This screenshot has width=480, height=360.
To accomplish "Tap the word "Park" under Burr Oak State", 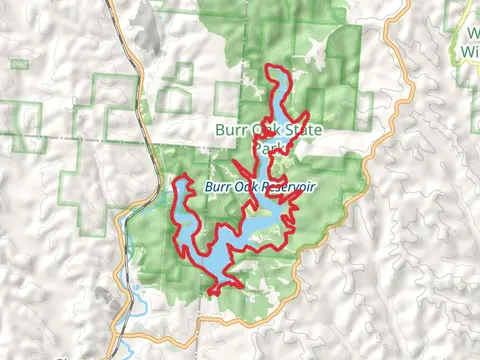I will click(266, 147).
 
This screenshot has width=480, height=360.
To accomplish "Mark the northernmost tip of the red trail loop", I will click(272, 67).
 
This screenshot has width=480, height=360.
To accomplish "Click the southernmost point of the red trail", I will click(213, 293).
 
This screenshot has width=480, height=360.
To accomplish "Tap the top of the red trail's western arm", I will click(183, 177).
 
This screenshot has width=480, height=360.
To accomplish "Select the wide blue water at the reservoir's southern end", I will click(216, 262).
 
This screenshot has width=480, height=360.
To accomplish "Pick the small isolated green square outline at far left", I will click(18, 64).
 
